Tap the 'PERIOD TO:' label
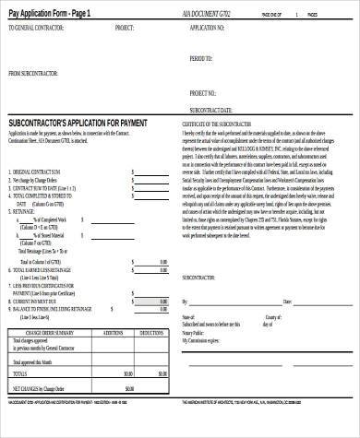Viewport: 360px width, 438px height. [201, 57]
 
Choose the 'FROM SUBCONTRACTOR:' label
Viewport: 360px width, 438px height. [34, 72]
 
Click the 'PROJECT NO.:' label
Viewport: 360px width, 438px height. [203, 92]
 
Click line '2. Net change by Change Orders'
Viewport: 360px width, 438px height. [41, 178]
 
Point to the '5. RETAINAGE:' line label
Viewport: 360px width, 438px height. [25, 210]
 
